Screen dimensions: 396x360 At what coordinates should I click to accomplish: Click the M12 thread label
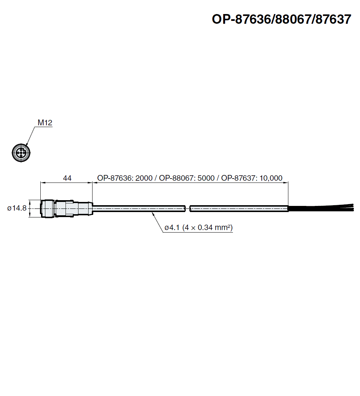tap(45, 123)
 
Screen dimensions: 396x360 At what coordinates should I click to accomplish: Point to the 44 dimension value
tap(67, 178)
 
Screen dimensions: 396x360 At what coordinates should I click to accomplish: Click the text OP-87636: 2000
tap(125, 178)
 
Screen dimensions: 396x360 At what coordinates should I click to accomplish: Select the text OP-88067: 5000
tap(187, 178)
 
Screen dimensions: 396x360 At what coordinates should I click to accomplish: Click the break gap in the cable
tap(188, 208)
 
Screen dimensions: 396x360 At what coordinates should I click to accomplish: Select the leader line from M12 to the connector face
tap(31, 135)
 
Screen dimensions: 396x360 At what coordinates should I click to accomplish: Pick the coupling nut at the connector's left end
tap(47, 208)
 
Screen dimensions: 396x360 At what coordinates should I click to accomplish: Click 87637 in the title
tap(333, 19)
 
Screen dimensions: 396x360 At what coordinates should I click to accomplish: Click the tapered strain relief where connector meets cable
tap(85, 208)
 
